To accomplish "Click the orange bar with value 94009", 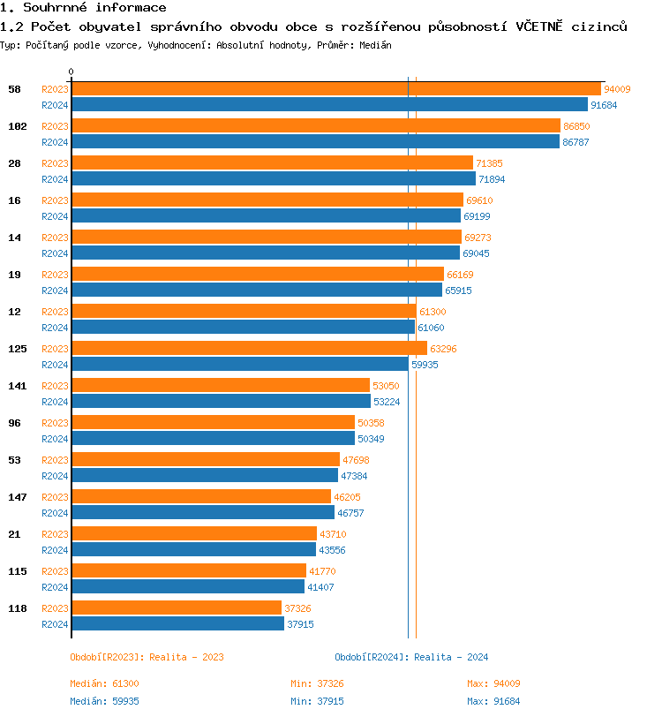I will click(x=335, y=88).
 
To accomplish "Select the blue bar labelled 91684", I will click(x=329, y=104).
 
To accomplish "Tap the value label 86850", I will click(x=576, y=126).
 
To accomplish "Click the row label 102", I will click(x=18, y=126).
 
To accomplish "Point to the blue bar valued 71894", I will click(x=273, y=178).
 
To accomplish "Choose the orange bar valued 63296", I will click(x=249, y=348).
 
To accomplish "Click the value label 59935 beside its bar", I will click(x=424, y=365).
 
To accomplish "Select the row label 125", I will click(x=18, y=349).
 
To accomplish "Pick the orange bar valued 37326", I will click(x=177, y=608).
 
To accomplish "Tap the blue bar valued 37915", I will click(x=177, y=623).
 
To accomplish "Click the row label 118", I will click(x=18, y=608).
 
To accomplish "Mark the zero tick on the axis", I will click(x=71, y=72).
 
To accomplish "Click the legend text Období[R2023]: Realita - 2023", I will click(x=147, y=657).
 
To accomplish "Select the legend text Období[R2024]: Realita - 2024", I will click(x=411, y=657).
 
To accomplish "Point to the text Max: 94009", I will click(x=493, y=683).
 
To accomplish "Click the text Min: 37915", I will click(x=317, y=701).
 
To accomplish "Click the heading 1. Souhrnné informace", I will click(x=83, y=8).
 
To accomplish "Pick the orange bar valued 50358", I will click(x=213, y=422).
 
